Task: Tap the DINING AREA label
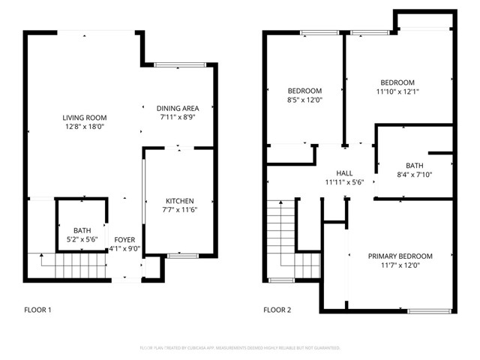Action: (x=178, y=108)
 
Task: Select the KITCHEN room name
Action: (x=180, y=201)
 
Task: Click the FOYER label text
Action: (x=124, y=240)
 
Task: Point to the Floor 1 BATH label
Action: (x=82, y=230)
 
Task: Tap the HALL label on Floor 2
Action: (x=343, y=172)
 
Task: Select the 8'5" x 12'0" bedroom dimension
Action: (x=304, y=100)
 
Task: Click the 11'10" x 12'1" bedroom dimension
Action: (x=397, y=91)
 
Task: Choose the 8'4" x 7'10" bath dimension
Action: (x=414, y=175)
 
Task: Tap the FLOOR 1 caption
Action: (x=39, y=309)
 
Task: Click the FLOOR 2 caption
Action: (x=278, y=309)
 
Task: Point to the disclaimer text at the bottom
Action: (x=240, y=348)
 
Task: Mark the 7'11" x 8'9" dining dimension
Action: (x=178, y=117)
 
